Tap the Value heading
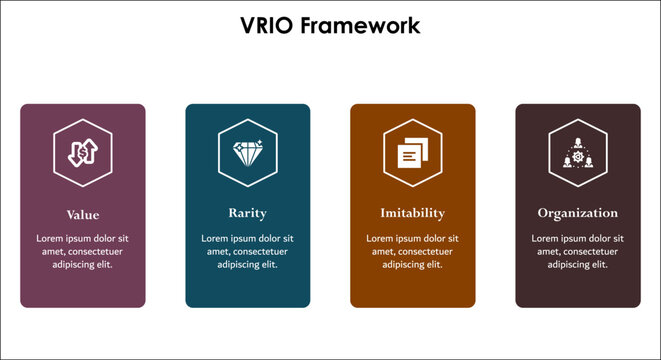[x=83, y=214]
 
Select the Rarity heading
[x=247, y=213]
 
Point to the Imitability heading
[x=412, y=213]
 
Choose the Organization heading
[x=577, y=213]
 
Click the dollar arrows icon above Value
[x=83, y=154]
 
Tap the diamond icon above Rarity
[x=247, y=154]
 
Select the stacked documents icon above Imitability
[x=412, y=154]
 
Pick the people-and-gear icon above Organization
[x=577, y=154]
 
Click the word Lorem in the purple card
[x=50, y=238]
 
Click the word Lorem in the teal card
[x=215, y=238]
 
